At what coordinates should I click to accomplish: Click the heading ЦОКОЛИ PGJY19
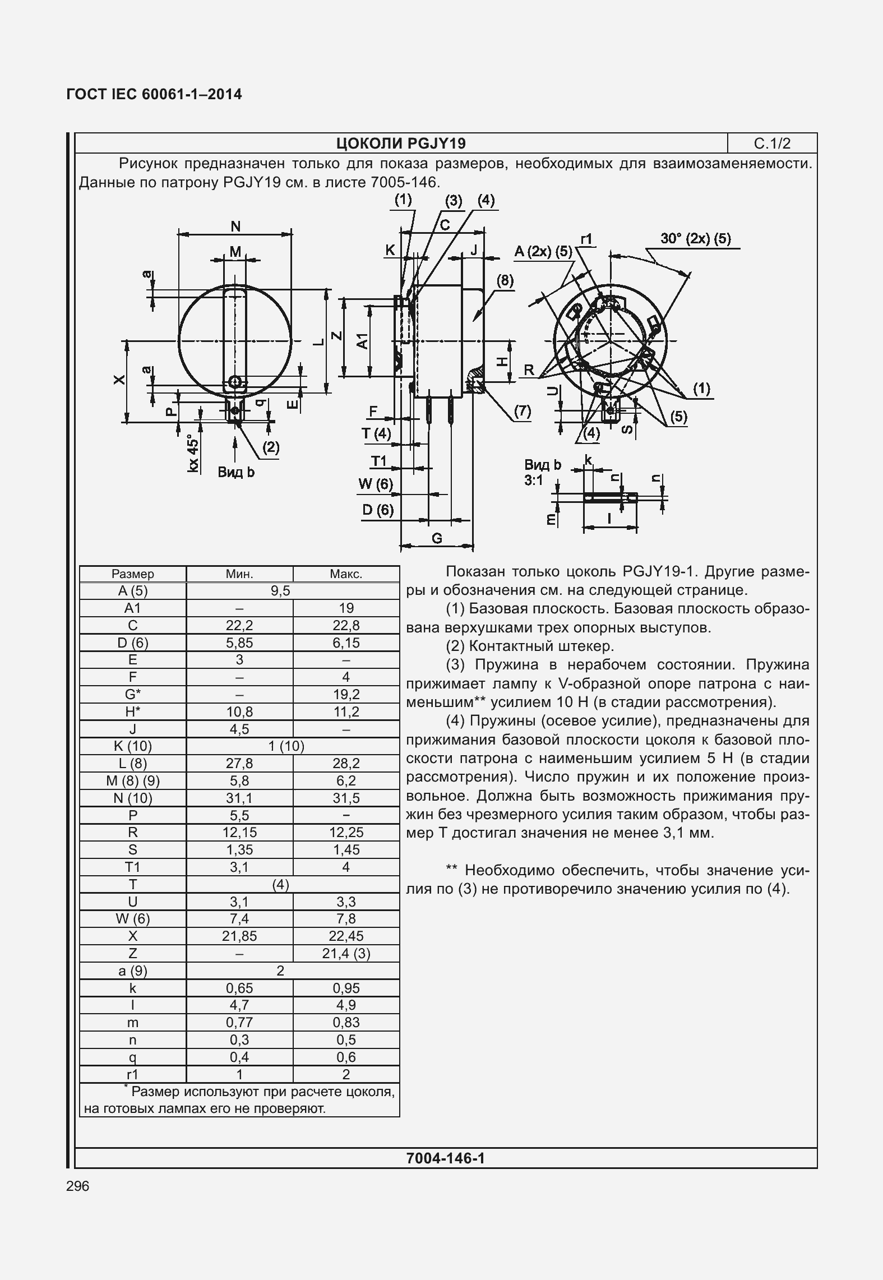[x=401, y=144]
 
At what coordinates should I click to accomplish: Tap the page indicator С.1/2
[x=772, y=144]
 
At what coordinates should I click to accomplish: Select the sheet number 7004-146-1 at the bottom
[x=446, y=1158]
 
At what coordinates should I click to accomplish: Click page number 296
[x=77, y=1186]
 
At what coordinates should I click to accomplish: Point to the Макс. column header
[x=346, y=574]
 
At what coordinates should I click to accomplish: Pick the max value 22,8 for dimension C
[x=346, y=626]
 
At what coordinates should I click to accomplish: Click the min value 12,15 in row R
[x=239, y=833]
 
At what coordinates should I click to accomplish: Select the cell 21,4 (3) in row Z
[x=346, y=953]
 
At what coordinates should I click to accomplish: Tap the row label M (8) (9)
[x=133, y=781]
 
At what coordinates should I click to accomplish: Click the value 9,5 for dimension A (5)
[x=280, y=591]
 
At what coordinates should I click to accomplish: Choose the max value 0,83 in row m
[x=346, y=1022]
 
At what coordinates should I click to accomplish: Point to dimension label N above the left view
[x=235, y=227]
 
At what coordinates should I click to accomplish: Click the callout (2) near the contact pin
[x=270, y=447]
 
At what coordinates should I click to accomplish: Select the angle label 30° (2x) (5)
[x=695, y=239]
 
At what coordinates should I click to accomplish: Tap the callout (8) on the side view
[x=505, y=280]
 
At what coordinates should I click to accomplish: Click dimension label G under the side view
[x=437, y=539]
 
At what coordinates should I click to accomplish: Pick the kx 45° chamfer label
[x=193, y=452]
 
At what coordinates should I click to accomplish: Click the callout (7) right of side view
[x=521, y=412]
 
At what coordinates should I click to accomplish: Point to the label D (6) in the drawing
[x=378, y=510]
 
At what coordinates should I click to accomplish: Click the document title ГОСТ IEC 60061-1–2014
[x=154, y=94]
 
